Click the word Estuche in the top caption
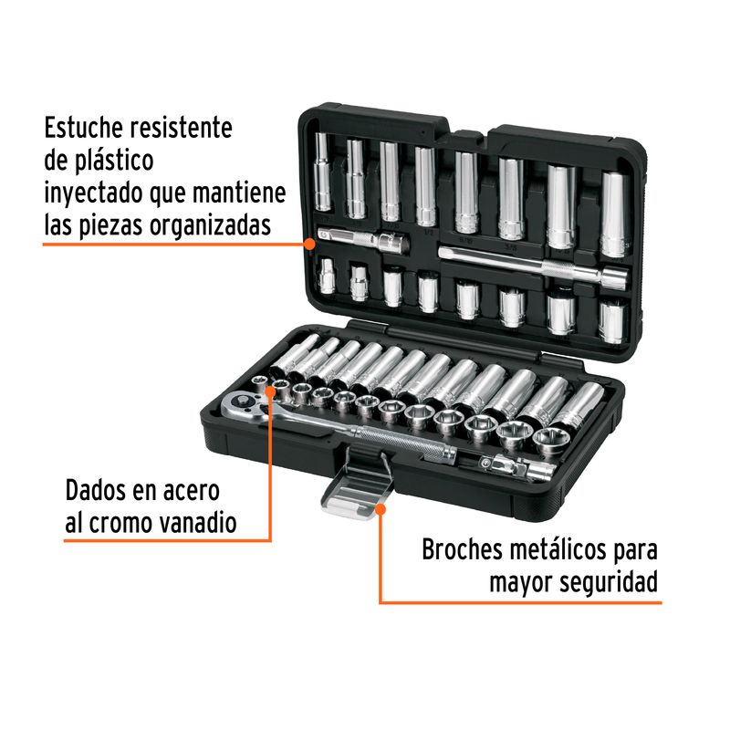point(84,128)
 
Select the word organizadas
point(210,226)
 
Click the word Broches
point(463,550)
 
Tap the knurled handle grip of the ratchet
point(401,441)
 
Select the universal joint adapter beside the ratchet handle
point(516,467)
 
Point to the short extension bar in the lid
point(362,239)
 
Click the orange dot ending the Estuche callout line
point(309,244)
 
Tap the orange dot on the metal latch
point(381,509)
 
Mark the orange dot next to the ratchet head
point(270,391)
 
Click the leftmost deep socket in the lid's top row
point(322,172)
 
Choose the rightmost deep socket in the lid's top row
point(614,214)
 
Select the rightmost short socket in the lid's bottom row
point(612,322)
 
